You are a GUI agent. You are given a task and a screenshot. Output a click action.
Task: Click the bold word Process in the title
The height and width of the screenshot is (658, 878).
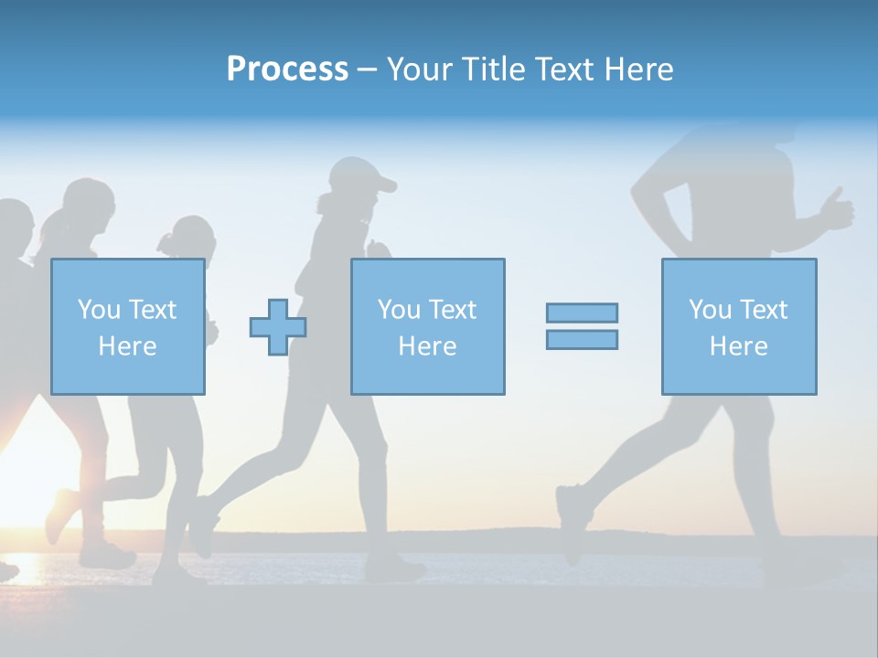click(x=287, y=69)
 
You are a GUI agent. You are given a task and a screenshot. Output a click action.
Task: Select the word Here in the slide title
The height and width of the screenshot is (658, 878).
click(x=638, y=69)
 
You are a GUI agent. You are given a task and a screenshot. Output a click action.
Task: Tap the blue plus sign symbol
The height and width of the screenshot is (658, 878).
click(x=278, y=327)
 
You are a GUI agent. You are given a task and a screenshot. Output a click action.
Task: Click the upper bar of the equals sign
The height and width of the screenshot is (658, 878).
click(x=582, y=313)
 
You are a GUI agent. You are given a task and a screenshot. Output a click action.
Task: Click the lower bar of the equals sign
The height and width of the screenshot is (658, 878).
click(x=582, y=340)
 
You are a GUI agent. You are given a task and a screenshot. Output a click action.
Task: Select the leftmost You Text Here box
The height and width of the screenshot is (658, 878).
click(x=128, y=326)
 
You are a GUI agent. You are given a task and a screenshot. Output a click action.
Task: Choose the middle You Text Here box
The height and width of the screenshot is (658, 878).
click(x=427, y=326)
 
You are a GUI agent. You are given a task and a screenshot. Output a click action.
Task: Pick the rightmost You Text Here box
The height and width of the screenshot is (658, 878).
click(x=739, y=326)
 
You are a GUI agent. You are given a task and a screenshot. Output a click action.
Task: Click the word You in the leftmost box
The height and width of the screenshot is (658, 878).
click(x=98, y=310)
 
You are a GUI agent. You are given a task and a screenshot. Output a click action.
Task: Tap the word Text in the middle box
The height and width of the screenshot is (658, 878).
click(x=452, y=310)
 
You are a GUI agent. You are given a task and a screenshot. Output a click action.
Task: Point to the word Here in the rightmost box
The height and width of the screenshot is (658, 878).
click(x=739, y=346)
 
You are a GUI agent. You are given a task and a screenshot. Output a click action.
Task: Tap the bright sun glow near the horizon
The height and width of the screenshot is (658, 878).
click(x=23, y=457)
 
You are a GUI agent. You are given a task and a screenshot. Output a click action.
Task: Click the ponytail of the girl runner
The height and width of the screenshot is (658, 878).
click(x=167, y=242)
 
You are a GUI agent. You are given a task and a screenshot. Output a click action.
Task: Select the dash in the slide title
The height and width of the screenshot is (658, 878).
click(x=368, y=69)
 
